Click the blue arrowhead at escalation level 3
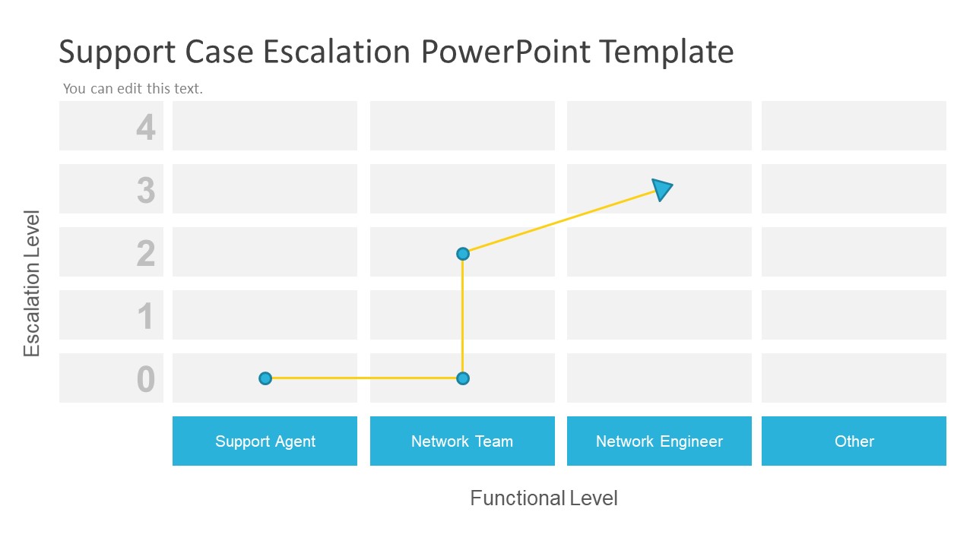tap(662, 189)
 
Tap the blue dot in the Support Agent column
tap(265, 378)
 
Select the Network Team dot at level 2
tap(463, 254)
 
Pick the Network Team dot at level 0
tap(463, 378)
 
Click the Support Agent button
tap(265, 441)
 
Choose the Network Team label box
tap(462, 441)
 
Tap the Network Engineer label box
tap(659, 441)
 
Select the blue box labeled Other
tap(854, 441)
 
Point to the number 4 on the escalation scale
tap(145, 127)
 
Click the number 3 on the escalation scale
tap(146, 190)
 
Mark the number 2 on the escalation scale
tap(145, 253)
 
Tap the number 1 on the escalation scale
tap(145, 316)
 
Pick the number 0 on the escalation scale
tap(146, 379)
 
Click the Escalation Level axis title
tap(31, 283)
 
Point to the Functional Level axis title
tap(544, 498)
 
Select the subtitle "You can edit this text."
tap(133, 89)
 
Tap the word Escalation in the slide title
tap(337, 52)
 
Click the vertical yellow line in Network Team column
tap(463, 316)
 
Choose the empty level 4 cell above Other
tap(854, 126)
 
